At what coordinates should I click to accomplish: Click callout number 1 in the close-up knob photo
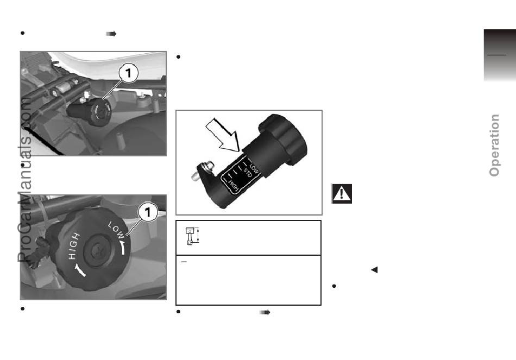coord(147,212)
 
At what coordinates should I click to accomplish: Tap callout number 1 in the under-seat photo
coord(128,73)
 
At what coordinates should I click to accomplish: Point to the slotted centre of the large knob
coord(97,252)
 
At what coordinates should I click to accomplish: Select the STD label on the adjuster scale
coord(248,173)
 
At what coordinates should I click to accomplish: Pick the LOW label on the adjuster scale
coord(254,167)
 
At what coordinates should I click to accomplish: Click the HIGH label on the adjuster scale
coord(232,185)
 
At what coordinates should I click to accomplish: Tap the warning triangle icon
coord(342,193)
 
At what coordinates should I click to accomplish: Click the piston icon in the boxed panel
coord(190,236)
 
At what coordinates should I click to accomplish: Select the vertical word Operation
coord(494,145)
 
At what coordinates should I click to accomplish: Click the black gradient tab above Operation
coord(500,55)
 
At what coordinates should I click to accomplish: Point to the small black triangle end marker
coord(374,270)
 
